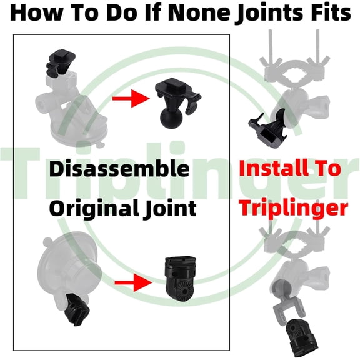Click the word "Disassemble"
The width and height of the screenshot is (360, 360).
[x=119, y=169]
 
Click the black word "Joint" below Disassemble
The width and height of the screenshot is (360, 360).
[x=169, y=209]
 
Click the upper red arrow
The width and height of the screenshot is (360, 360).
[x=131, y=99]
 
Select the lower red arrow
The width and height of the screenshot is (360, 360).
[x=133, y=282]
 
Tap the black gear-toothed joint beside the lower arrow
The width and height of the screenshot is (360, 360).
[x=181, y=278]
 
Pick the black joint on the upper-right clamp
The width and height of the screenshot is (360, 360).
[x=268, y=128]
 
